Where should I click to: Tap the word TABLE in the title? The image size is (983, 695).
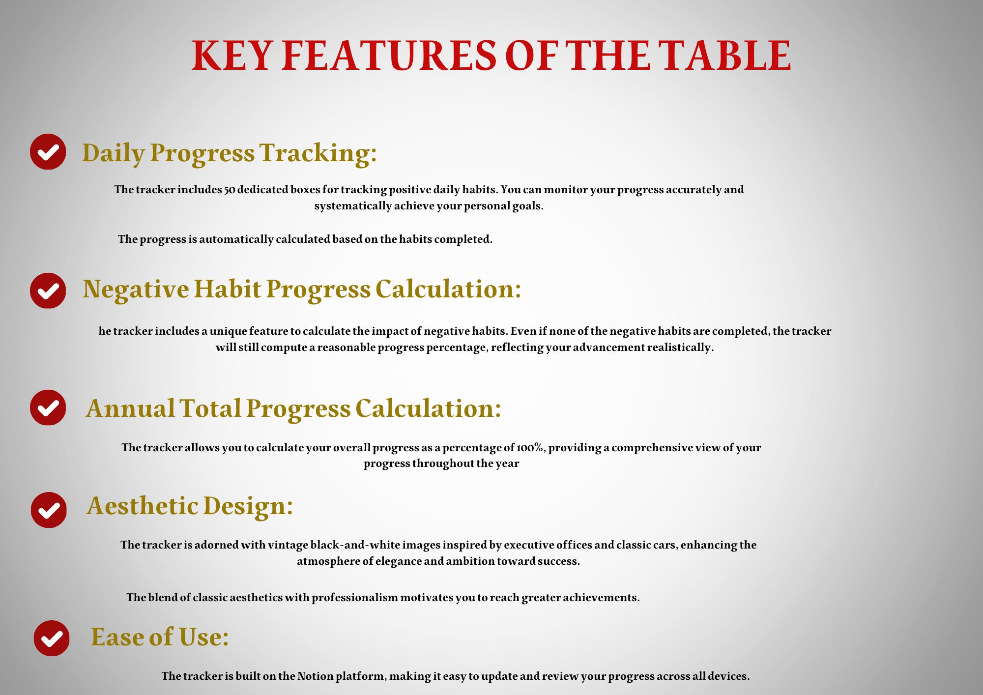[724, 55]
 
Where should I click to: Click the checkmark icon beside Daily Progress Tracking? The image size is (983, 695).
[48, 152]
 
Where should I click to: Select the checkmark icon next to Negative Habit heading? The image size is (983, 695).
[48, 291]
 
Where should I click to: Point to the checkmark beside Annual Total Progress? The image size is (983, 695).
[48, 407]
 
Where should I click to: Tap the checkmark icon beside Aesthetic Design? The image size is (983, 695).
[49, 510]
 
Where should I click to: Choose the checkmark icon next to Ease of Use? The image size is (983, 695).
[52, 638]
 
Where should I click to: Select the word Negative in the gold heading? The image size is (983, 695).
[136, 289]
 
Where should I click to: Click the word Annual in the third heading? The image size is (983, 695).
[130, 408]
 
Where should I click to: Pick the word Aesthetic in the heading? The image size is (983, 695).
[142, 506]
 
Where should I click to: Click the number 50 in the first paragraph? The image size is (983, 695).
[230, 190]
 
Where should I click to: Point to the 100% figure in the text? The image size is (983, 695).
[530, 448]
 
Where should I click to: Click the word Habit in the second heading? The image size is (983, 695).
[227, 289]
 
